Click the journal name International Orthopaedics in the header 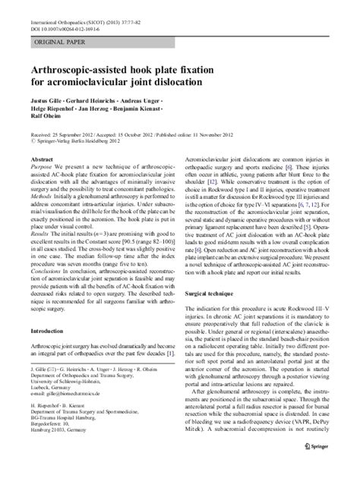[x=61, y=5]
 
